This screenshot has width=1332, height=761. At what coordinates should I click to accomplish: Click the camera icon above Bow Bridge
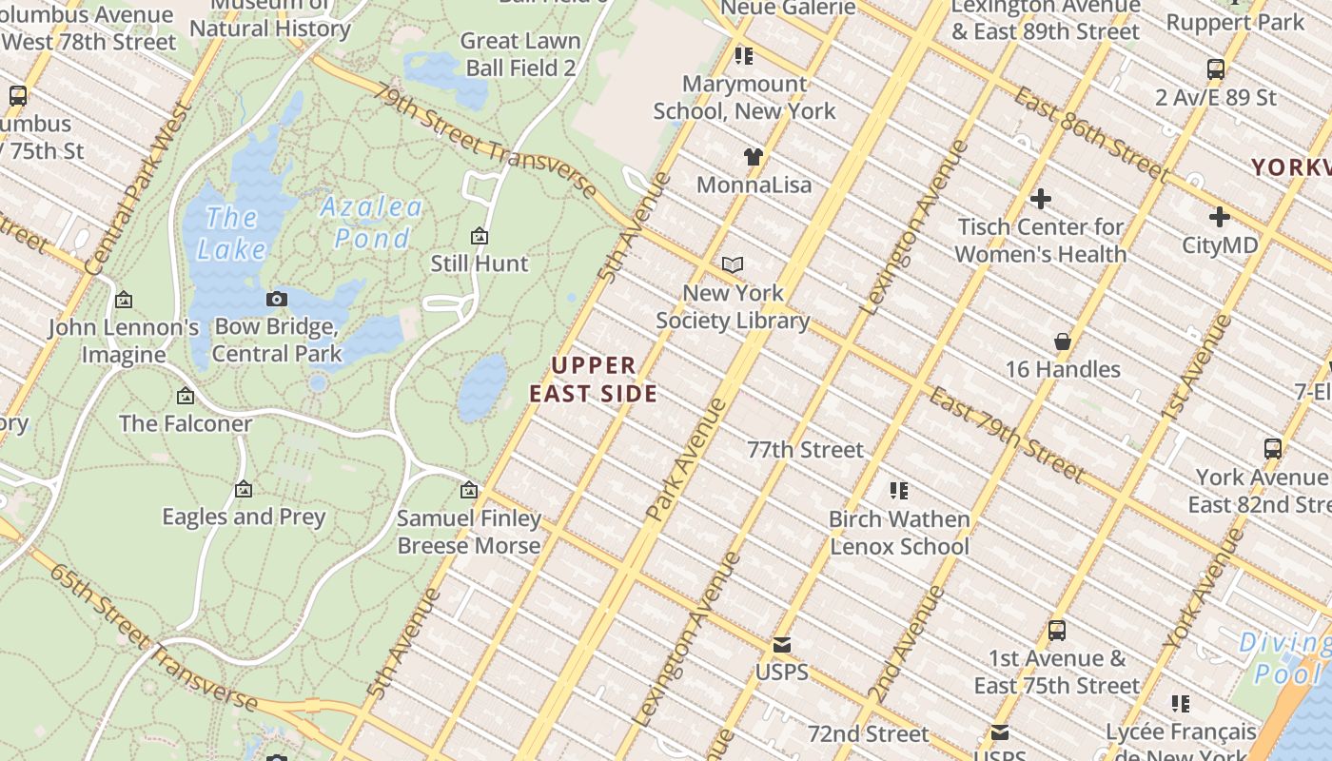[x=277, y=300]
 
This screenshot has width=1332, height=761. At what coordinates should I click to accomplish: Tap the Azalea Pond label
[x=371, y=222]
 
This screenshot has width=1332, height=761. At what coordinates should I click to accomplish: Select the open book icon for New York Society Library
[x=733, y=264]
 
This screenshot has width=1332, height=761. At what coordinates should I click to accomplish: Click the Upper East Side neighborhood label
[x=593, y=380]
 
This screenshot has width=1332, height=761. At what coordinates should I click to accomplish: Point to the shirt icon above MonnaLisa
[x=754, y=157]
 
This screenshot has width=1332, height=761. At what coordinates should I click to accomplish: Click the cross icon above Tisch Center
[x=1040, y=199]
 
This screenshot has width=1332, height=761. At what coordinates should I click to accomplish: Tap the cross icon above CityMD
[x=1219, y=217]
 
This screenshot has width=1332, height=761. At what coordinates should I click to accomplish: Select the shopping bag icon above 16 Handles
[x=1063, y=341]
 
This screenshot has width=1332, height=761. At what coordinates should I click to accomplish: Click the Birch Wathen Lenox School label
[x=899, y=533]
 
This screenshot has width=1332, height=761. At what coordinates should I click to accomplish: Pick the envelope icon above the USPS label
[x=781, y=645]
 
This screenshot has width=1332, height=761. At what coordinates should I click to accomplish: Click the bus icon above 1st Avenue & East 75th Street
[x=1056, y=630]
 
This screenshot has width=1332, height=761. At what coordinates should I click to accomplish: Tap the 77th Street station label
[x=805, y=449]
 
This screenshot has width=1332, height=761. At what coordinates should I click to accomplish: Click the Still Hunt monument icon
[x=480, y=236]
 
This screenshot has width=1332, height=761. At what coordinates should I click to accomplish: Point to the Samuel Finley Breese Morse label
[x=469, y=532]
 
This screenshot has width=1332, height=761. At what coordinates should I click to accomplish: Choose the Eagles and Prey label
[x=244, y=517]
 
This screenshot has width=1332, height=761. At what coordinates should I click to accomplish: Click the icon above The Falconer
[x=186, y=396]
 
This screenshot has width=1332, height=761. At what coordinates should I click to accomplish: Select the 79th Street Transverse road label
[x=485, y=142]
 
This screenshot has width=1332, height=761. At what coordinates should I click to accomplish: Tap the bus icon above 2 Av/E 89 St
[x=1215, y=69]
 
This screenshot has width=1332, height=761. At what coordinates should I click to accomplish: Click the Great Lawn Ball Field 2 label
[x=520, y=54]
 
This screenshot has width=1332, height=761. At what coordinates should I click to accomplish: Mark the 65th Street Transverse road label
[x=152, y=637]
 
